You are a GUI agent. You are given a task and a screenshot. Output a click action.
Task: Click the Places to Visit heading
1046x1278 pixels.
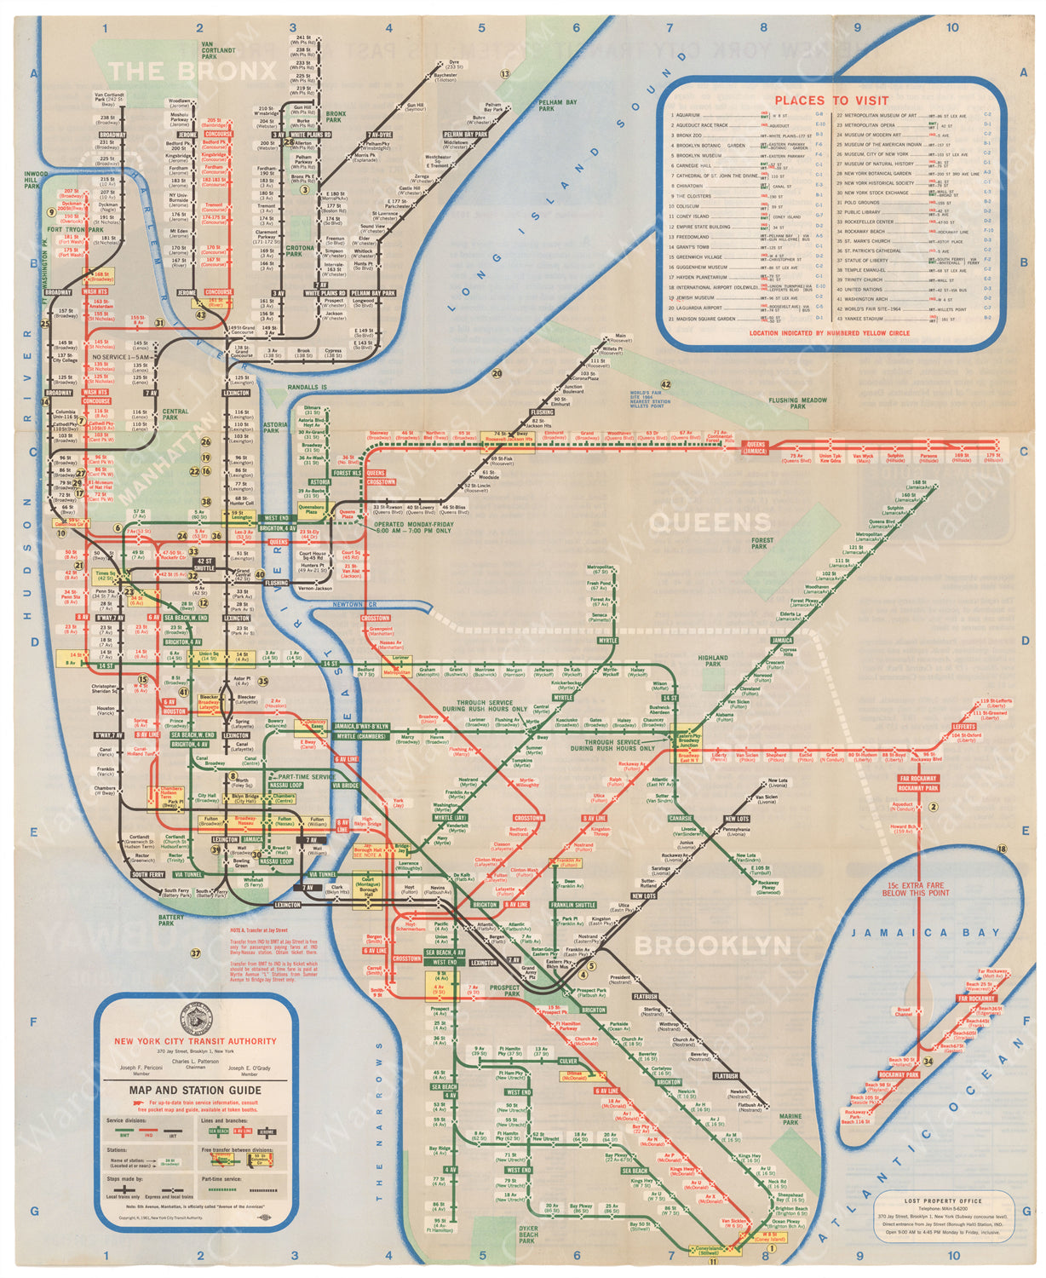(830, 100)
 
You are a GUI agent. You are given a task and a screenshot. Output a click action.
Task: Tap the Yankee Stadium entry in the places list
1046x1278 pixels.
(865, 319)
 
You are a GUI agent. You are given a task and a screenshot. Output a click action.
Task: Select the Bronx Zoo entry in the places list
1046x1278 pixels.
(691, 135)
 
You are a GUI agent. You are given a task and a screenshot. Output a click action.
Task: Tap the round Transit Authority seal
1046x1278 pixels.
(195, 1021)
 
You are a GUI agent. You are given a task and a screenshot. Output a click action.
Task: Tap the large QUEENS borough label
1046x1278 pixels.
(710, 522)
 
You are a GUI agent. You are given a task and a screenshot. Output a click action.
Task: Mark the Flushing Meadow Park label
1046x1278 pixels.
(797, 403)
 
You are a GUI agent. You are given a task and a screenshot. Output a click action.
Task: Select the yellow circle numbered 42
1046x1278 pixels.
(665, 384)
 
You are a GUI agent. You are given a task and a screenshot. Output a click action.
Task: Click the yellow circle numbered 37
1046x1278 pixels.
(195, 953)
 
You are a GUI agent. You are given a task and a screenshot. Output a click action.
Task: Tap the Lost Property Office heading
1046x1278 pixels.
(942, 1200)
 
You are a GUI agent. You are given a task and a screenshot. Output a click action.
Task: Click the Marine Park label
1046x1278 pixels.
(790, 1120)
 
